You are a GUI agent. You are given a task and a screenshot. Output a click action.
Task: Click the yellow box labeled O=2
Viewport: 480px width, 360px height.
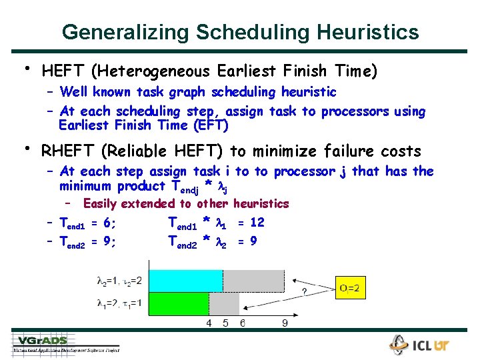pyautogui.click(x=351, y=288)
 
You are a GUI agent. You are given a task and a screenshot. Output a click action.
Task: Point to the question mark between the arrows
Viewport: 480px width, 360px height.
pyautogui.click(x=305, y=291)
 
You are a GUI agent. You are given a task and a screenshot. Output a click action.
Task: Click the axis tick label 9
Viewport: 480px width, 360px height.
pyautogui.click(x=285, y=323)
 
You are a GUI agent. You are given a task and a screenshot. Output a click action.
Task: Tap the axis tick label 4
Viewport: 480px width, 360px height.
pyautogui.click(x=208, y=323)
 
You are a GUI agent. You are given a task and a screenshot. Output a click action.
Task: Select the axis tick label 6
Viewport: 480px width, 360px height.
pyautogui.click(x=242, y=323)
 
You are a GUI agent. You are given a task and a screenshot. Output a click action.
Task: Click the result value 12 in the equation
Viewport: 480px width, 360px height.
pyautogui.click(x=257, y=222)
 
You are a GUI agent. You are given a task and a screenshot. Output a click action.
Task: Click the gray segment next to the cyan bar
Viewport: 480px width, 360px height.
pyautogui.click(x=253, y=281)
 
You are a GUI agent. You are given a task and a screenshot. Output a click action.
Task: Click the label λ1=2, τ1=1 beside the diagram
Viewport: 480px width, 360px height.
pyautogui.click(x=119, y=303)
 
